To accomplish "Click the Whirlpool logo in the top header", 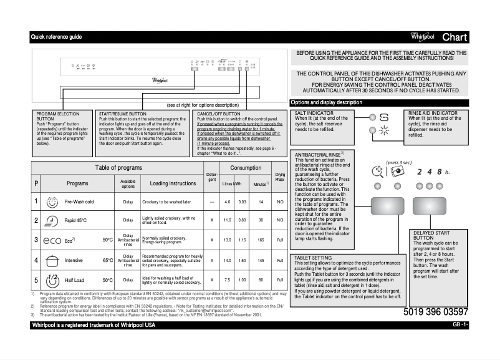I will tap(423, 37).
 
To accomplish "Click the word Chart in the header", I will tap(454, 37).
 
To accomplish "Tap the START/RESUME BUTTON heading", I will tap(123, 114).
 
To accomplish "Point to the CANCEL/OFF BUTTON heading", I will tap(219, 114).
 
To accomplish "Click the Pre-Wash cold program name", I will tap(79, 202).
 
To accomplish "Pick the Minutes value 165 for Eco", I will tap(261, 240).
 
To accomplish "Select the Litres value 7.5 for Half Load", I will tap(228, 280).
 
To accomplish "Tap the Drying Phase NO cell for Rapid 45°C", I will tap(280, 220).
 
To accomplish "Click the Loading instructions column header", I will tap(173, 183).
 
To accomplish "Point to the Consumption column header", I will tap(246, 168).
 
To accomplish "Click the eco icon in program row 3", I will tap(52, 240).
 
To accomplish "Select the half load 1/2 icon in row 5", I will tap(52, 280).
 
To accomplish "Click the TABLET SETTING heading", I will tap(313, 257).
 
